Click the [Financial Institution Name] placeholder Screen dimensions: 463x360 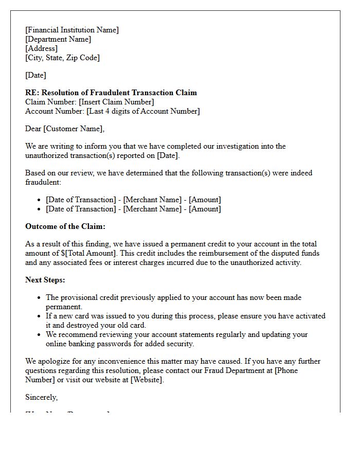pos(72,30)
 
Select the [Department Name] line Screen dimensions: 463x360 pos(58,39)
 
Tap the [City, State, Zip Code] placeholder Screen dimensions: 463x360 pos(62,58)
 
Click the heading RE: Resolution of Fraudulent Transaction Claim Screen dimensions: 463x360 pos(111,93)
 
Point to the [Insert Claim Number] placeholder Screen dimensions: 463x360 pos(116,102)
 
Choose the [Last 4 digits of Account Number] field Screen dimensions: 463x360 pos(143,111)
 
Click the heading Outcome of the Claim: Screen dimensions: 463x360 pos(65,226)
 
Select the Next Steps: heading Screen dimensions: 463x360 pos(45,280)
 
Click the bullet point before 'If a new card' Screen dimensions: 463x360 pos(40,316)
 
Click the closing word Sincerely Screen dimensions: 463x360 pos(41,397)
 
